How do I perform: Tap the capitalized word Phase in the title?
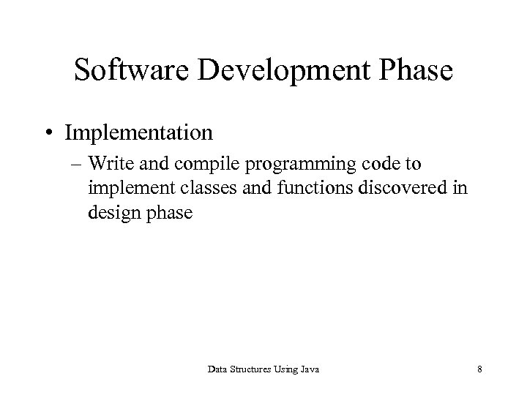tap(415, 72)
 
